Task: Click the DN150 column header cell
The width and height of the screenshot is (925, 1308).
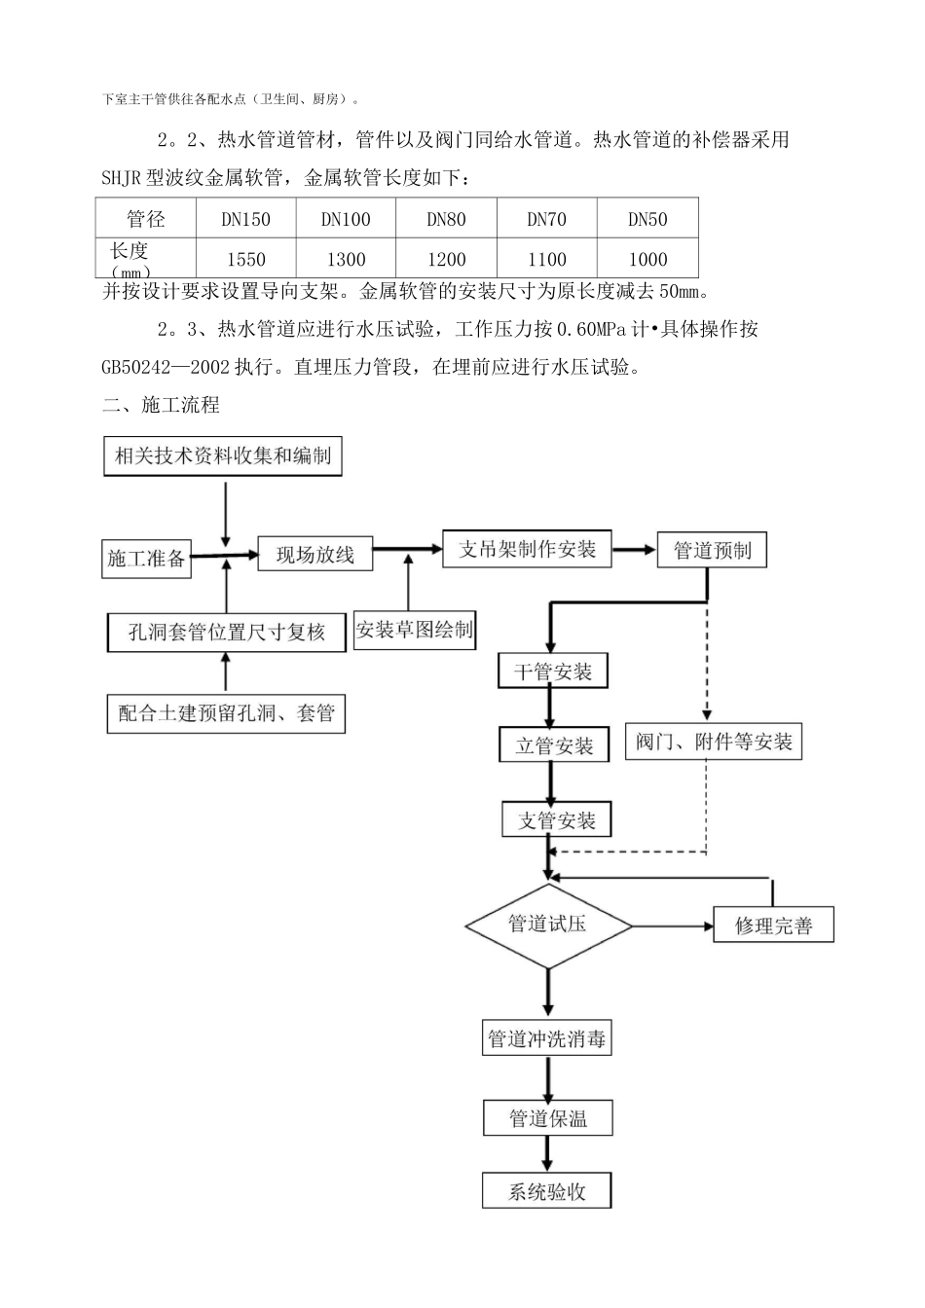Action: pyautogui.click(x=245, y=219)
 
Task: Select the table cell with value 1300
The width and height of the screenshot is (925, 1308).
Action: pyautogui.click(x=346, y=259)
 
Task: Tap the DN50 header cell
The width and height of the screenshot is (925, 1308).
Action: pyautogui.click(x=647, y=219)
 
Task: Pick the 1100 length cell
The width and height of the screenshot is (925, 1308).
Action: pyautogui.click(x=546, y=259)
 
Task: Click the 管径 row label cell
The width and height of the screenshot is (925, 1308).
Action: pyautogui.click(x=146, y=219)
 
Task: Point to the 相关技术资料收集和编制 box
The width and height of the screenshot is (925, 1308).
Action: pyautogui.click(x=223, y=455)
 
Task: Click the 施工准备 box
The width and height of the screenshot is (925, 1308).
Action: pyautogui.click(x=146, y=559)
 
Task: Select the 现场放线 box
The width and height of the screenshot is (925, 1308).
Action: pyautogui.click(x=314, y=555)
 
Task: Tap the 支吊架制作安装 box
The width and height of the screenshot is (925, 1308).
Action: pyautogui.click(x=527, y=549)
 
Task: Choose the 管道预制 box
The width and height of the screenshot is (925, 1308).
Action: pyautogui.click(x=712, y=550)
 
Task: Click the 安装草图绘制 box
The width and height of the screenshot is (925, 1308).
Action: pyautogui.click(x=415, y=630)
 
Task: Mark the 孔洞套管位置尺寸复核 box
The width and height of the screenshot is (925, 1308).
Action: pyautogui.click(x=227, y=633)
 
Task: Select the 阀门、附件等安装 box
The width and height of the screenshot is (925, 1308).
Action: pyautogui.click(x=714, y=742)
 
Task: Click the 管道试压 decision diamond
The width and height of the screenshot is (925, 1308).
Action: pyautogui.click(x=548, y=925)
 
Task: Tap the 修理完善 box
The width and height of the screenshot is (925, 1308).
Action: pyautogui.click(x=773, y=926)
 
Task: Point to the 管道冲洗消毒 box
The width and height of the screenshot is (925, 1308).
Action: pyautogui.click(x=547, y=1039)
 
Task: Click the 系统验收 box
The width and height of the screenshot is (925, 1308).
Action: pyautogui.click(x=547, y=1191)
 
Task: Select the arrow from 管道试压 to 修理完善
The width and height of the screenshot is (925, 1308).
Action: pyautogui.click(x=672, y=926)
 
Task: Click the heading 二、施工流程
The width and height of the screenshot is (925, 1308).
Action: pyautogui.click(x=161, y=405)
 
